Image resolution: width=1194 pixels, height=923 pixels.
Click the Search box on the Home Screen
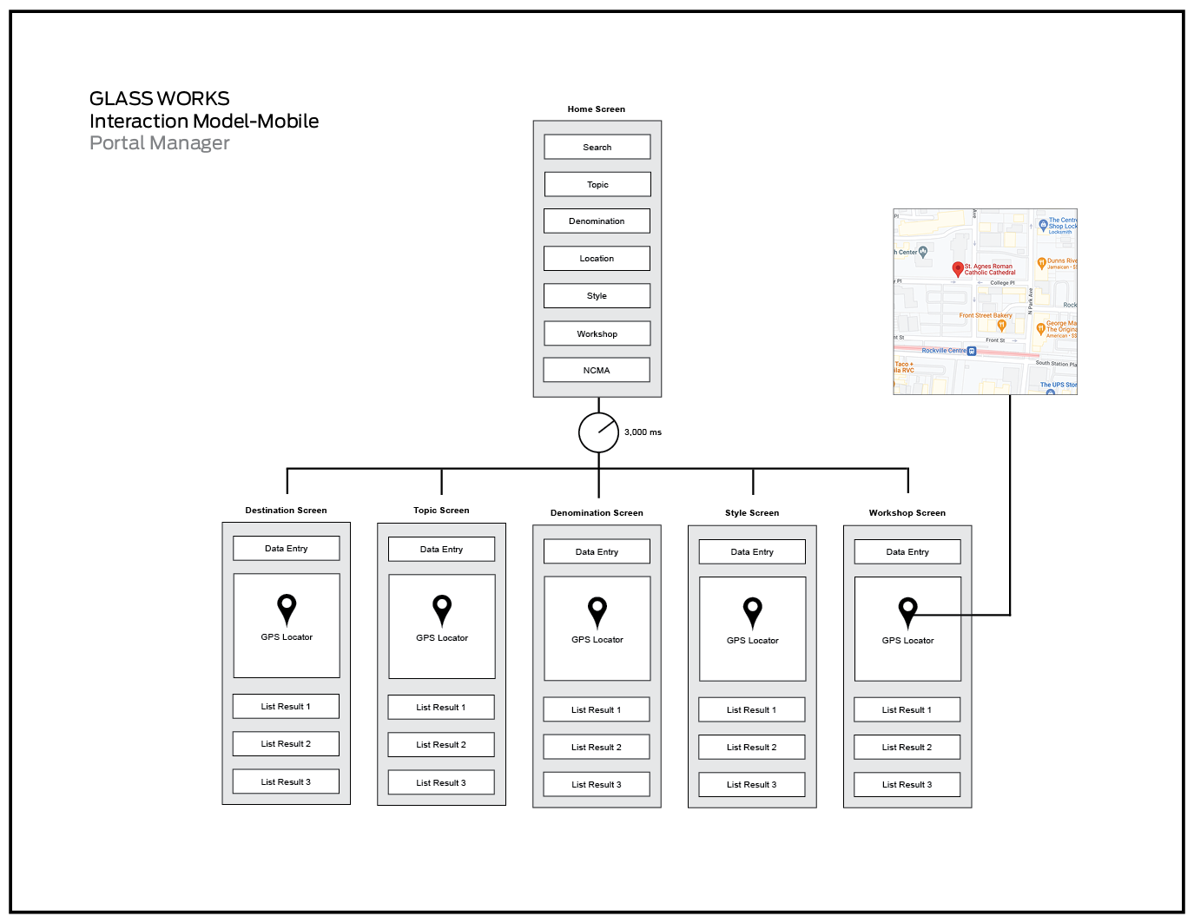coord(597,147)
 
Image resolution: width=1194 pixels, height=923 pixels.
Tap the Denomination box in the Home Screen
coord(597,221)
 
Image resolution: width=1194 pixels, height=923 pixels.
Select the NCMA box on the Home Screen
coord(597,370)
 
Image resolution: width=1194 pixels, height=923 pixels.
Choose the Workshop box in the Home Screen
coord(597,333)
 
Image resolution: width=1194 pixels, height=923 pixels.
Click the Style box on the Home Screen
coord(597,295)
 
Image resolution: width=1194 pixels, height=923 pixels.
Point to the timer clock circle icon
coord(598,432)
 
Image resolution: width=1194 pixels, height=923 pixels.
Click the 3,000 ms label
coord(643,432)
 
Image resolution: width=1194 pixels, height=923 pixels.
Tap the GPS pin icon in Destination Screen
coord(287,609)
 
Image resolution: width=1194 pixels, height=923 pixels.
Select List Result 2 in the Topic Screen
coord(441,744)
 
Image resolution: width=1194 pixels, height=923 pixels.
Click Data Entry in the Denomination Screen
coord(597,551)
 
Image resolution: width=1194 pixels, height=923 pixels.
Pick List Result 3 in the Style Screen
coord(752,784)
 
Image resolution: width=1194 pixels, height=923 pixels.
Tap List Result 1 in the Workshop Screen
coord(907,709)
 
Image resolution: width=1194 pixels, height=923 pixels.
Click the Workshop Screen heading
coord(907,513)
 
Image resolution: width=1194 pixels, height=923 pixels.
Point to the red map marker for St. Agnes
coord(958,269)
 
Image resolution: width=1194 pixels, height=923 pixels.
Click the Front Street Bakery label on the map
coord(986,316)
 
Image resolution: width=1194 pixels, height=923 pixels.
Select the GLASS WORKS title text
coord(160,99)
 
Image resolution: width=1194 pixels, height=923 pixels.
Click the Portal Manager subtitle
coord(160,143)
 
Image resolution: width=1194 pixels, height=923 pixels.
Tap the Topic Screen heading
coord(441,511)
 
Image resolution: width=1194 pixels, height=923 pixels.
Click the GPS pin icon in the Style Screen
coord(753,611)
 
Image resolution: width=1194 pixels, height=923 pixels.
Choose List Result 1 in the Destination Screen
coord(286,706)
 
